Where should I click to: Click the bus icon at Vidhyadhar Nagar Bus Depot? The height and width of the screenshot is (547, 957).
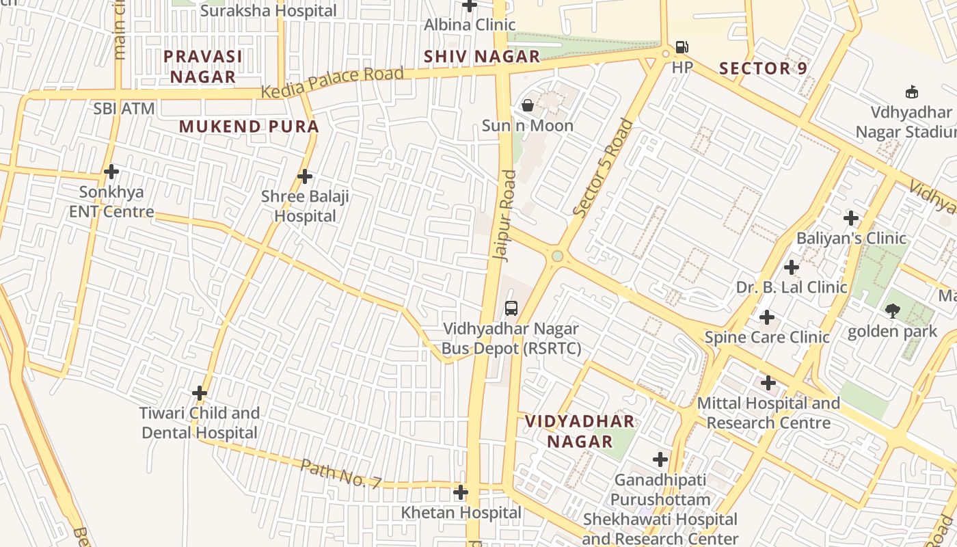click(511, 308)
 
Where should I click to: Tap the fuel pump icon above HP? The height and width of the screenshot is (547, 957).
click(682, 47)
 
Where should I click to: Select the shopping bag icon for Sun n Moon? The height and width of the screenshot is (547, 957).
click(528, 105)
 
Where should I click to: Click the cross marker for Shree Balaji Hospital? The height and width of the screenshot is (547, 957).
click(305, 176)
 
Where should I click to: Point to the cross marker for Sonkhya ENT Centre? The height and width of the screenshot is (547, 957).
click(111, 171)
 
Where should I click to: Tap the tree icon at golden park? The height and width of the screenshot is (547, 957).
click(892, 311)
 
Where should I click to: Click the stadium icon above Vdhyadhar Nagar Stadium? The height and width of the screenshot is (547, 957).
click(911, 92)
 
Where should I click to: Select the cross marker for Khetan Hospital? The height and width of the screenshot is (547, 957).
click(461, 492)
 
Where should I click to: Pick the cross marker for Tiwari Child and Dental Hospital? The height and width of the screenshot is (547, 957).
click(200, 393)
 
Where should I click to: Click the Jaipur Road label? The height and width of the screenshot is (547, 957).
click(507, 215)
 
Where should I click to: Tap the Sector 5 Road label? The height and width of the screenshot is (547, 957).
click(604, 168)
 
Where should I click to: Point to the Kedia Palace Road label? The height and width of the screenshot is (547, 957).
click(332, 82)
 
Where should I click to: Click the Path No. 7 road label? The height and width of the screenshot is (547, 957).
click(341, 473)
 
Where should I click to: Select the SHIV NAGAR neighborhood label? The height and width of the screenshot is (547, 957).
click(482, 57)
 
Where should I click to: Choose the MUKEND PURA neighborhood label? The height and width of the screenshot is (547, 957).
click(249, 126)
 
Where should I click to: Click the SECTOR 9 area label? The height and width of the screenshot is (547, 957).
click(764, 68)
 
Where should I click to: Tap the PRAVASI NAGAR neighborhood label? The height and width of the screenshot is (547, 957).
click(203, 66)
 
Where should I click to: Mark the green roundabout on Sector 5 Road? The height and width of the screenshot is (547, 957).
click(558, 256)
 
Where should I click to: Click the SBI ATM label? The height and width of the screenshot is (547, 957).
click(124, 109)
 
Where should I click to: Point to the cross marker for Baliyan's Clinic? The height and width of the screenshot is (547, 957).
click(851, 218)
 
